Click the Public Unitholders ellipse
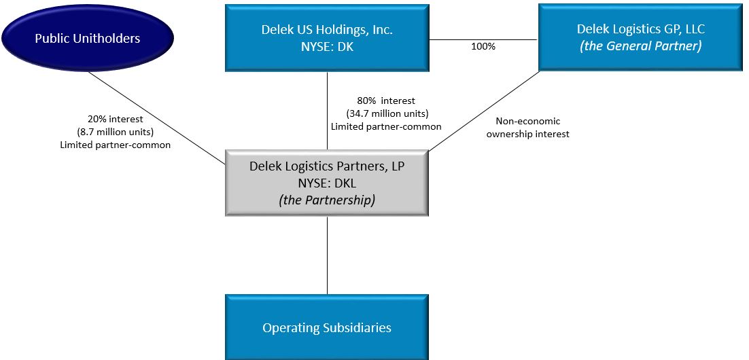[88, 38]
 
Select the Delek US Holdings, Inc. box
[327, 38]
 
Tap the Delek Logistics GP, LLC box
[640, 37]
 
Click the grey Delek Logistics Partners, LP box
[327, 183]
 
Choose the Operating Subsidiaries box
[327, 327]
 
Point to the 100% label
[483, 47]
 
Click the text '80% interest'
[385, 101]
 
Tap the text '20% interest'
[115, 119]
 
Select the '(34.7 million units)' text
[386, 113]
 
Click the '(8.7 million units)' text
[115, 131]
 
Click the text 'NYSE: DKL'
[327, 183]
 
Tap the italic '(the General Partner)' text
[640, 46]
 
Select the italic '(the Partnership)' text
[327, 200]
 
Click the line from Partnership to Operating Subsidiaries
[327, 255]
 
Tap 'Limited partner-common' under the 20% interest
[115, 144]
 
